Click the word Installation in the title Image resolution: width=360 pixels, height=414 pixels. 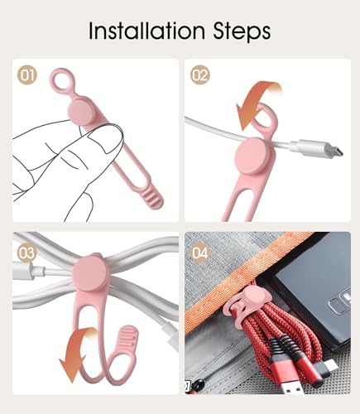(146, 31)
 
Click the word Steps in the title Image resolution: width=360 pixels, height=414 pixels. (242, 32)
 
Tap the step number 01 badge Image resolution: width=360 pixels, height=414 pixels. (27, 75)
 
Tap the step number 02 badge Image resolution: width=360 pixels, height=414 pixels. (200, 75)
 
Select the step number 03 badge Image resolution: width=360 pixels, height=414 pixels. (27, 253)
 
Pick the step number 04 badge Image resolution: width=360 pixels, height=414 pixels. (200, 253)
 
